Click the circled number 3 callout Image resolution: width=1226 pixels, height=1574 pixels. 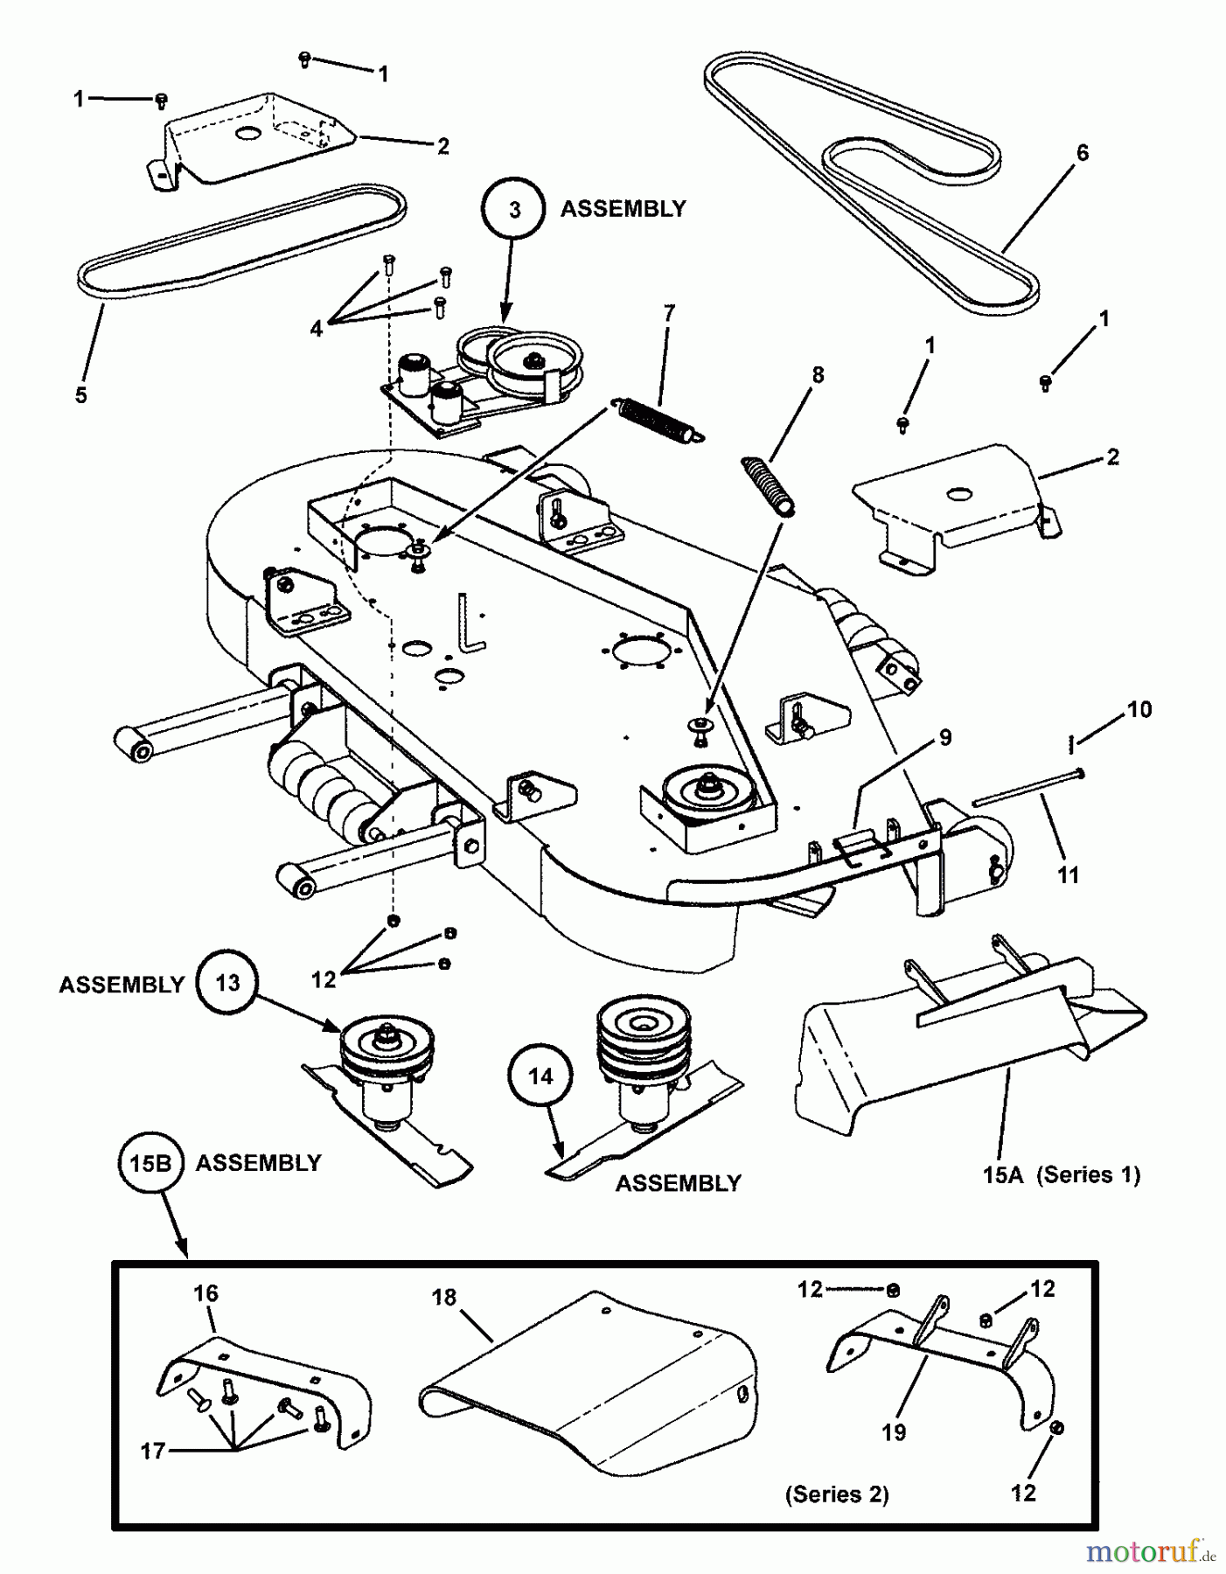point(513,210)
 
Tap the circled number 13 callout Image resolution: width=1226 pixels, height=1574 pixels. point(227,983)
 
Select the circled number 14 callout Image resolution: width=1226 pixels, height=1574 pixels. point(540,1076)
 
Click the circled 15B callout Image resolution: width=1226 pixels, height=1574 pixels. point(150,1163)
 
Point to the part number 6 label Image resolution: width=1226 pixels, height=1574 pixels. point(1082,153)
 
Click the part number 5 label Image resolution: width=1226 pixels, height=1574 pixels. point(80,395)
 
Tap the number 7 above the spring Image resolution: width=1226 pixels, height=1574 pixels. point(669,313)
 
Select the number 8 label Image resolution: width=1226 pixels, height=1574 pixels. point(818,374)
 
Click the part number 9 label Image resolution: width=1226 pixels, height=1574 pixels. point(945,737)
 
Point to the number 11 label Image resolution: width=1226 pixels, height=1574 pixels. point(1068,874)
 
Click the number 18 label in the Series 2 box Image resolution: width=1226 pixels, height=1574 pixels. point(444,1297)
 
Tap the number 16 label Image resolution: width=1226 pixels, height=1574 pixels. point(205,1293)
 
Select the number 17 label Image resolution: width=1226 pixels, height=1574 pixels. point(153,1451)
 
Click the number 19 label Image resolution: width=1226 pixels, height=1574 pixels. point(894,1432)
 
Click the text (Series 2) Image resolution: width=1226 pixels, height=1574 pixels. point(837,1494)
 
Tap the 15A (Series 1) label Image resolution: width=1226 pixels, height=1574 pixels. point(1061,1174)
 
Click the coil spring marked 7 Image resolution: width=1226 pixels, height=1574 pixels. point(656,419)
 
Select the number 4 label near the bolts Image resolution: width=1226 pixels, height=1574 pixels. point(316,329)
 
